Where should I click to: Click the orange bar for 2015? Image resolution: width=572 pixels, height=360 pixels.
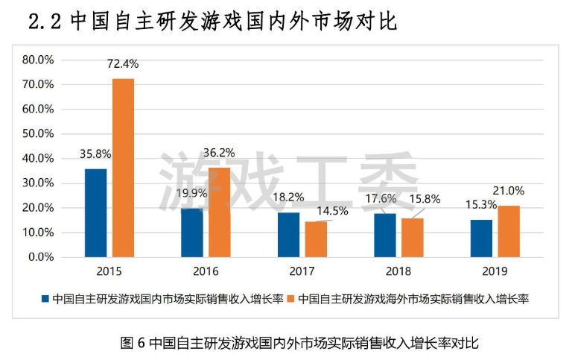pos(123,168)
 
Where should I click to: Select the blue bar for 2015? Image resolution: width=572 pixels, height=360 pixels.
pos(95,212)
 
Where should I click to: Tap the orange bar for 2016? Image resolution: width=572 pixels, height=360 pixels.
pos(219,212)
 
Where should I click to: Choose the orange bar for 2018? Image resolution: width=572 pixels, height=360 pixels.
pos(412,237)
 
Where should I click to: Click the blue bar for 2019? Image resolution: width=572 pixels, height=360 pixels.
pos(481,238)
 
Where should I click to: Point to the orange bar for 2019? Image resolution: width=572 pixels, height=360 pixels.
pos(509,231)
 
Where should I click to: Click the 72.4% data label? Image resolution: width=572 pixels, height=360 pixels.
pos(123,64)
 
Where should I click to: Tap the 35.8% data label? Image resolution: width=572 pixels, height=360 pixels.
pos(95,154)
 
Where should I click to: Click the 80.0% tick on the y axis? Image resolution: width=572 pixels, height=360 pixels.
pos(38,59)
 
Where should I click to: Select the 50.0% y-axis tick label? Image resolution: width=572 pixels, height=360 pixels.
pos(38,133)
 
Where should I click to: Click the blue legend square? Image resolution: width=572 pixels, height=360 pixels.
pos(45,299)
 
